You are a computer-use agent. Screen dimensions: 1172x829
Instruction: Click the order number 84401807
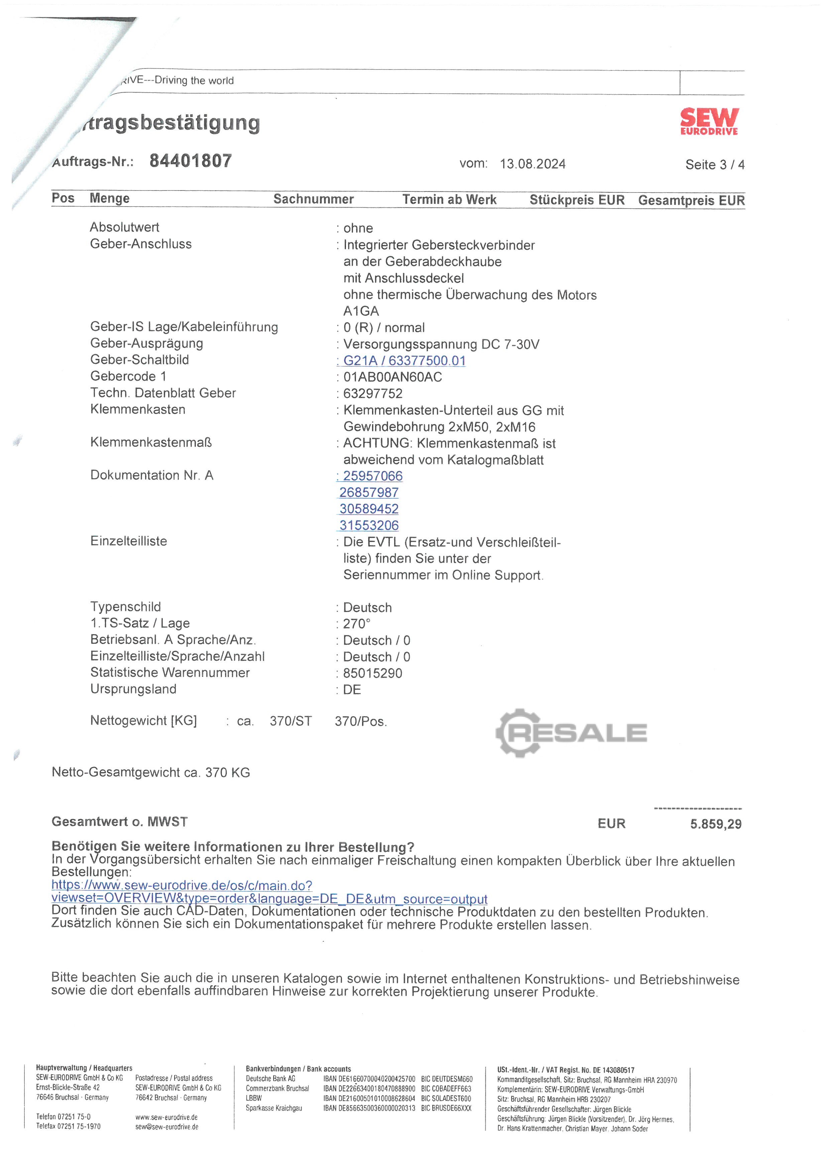191,161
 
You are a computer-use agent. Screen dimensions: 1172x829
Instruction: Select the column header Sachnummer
314,199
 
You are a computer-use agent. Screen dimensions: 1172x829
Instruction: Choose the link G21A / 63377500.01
404,361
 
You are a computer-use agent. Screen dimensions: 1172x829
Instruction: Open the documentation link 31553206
369,525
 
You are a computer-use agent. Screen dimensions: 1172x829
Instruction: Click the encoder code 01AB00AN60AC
392,377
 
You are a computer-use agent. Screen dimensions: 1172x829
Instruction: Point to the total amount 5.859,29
716,824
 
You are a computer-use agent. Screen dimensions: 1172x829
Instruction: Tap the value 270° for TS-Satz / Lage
356,624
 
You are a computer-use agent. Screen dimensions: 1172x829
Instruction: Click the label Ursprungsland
133,689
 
